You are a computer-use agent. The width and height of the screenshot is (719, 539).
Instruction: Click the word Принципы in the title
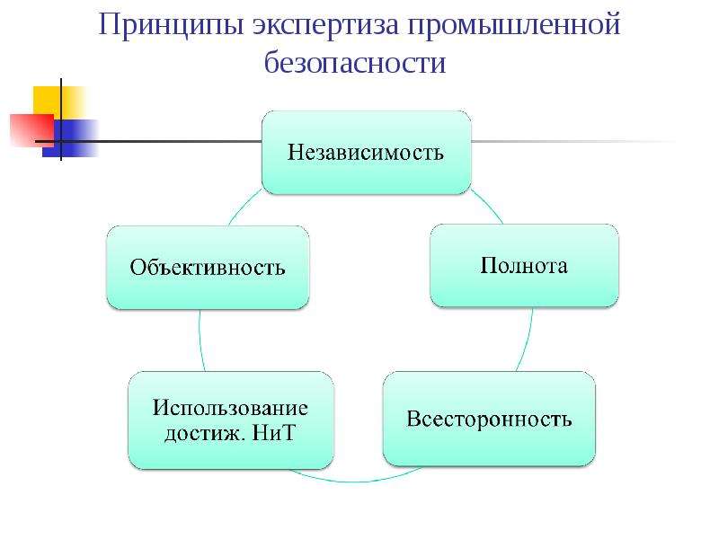point(171,25)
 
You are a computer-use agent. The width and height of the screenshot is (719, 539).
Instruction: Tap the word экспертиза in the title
point(326,26)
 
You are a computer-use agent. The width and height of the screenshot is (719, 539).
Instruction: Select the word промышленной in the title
point(513,26)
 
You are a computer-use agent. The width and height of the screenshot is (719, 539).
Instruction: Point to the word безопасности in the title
point(355,62)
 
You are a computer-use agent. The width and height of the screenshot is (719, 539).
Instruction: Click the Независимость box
point(367,153)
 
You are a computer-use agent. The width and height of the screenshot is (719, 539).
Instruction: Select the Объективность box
point(208,267)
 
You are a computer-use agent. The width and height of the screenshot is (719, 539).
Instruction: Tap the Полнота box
point(524,266)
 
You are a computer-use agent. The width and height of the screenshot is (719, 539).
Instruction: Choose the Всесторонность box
point(489,419)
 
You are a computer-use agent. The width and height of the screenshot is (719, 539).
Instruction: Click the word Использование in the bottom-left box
point(230,408)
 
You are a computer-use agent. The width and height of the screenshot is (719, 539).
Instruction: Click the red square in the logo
point(32,130)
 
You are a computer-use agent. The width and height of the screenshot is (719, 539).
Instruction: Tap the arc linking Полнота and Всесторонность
point(527,340)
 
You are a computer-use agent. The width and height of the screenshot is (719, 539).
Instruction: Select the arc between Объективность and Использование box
point(200,340)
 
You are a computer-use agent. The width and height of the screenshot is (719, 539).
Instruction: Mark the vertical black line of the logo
point(61,119)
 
